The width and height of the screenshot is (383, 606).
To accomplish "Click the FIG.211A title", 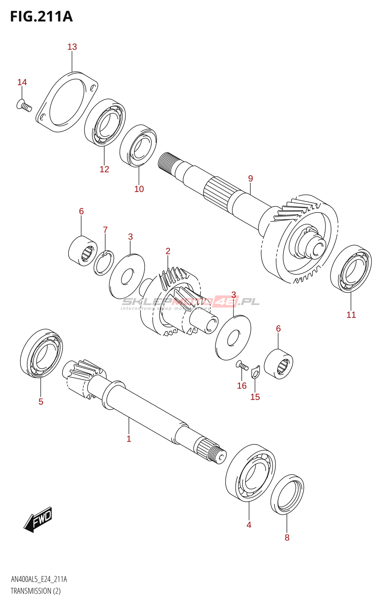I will click(41, 17).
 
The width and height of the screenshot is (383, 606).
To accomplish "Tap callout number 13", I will click(72, 47).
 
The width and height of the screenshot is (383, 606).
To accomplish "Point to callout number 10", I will click(139, 189).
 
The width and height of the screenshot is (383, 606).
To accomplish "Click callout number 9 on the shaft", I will click(250, 178).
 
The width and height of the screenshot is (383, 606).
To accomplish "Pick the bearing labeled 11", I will click(351, 269).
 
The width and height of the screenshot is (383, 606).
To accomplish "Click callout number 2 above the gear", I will click(168, 251).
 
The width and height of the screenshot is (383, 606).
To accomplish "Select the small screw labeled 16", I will click(242, 366).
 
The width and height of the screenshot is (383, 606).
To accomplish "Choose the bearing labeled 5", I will click(41, 353).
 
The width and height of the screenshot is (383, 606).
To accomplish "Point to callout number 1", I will click(129, 439).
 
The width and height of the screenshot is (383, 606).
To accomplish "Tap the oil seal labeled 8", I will click(287, 494).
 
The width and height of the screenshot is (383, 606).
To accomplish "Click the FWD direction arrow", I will click(38, 519).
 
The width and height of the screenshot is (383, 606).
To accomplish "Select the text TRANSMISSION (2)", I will click(36, 591).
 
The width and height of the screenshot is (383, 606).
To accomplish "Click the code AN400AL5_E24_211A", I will click(39, 579).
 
